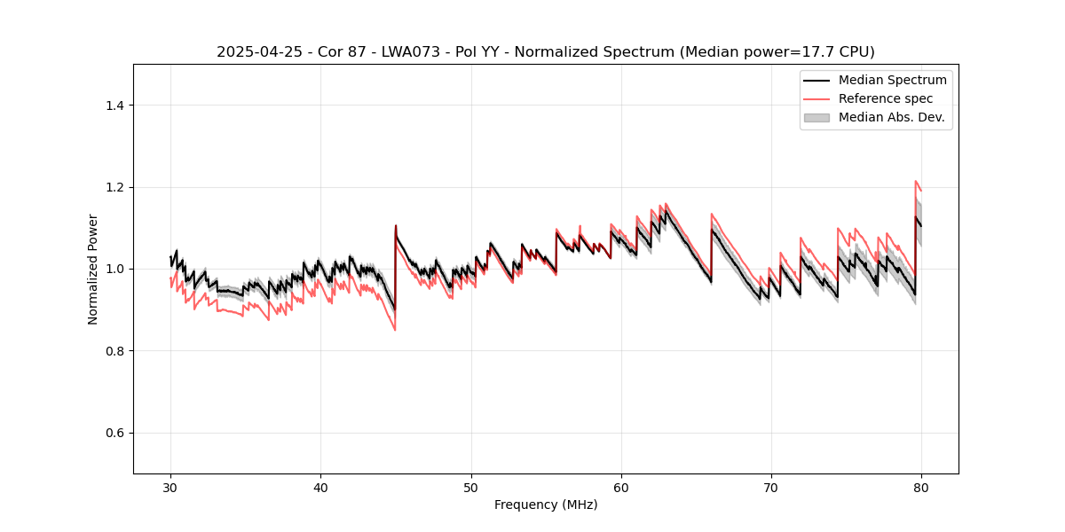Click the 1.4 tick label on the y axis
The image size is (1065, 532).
[x=114, y=106]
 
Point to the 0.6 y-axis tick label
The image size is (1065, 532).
[x=114, y=433]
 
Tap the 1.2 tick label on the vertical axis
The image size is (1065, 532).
[x=114, y=187]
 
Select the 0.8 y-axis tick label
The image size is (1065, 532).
[x=114, y=351]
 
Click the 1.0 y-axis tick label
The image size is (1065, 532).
[x=114, y=269]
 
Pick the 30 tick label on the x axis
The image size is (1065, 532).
[x=170, y=488]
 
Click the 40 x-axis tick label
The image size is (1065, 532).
[x=320, y=488]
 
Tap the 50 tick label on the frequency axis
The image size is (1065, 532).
[x=470, y=488]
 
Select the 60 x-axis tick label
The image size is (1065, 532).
[x=621, y=488]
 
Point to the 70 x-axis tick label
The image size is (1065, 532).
[x=771, y=488]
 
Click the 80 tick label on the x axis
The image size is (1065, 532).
[x=921, y=488]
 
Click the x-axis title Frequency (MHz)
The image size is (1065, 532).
[x=546, y=505]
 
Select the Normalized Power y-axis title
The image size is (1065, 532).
[x=93, y=269]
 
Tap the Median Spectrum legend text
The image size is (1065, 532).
[x=892, y=80]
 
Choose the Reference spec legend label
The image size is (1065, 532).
[x=886, y=98]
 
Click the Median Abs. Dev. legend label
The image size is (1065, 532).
[x=891, y=117]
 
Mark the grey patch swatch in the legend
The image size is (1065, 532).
[x=816, y=117]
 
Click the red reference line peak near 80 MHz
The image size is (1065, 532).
[x=916, y=181]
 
